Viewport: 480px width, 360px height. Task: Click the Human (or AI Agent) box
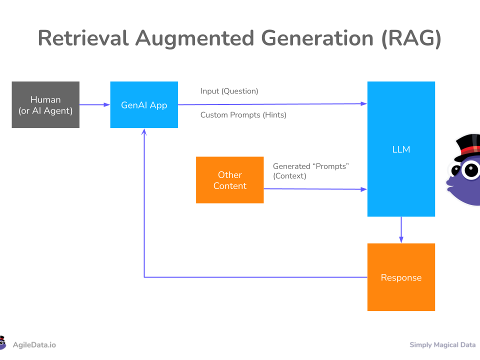[45, 104]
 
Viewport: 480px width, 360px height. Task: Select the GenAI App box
[144, 104]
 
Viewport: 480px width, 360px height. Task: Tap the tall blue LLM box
[401, 149]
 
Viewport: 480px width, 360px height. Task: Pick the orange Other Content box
[230, 180]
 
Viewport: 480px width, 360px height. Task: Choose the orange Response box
[401, 277]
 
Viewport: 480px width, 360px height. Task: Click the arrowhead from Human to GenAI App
[107, 104]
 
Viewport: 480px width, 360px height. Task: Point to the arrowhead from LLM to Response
[401, 239]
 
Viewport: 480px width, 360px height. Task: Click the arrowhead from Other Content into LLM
[363, 189]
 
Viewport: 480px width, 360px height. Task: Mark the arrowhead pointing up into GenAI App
[144, 131]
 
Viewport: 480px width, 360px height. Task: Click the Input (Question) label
[229, 91]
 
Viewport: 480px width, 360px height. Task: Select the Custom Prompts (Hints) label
[243, 115]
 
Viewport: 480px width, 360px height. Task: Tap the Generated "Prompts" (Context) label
[310, 171]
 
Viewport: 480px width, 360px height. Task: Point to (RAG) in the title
[411, 38]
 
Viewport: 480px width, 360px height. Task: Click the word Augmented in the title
[194, 39]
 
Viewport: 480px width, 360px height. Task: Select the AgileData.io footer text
[34, 345]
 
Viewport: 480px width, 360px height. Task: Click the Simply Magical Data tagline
[442, 345]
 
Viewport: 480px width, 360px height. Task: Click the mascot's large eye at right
[471, 170]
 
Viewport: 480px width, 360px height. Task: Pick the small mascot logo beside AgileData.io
[2, 343]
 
